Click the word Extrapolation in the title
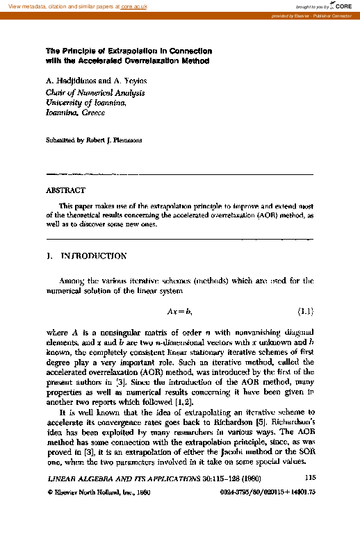pyautogui.click(x=120, y=51)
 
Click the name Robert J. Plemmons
pyautogui.click(x=113, y=140)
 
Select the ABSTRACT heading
pyautogui.click(x=65, y=190)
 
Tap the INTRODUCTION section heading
pyautogui.click(x=93, y=256)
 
